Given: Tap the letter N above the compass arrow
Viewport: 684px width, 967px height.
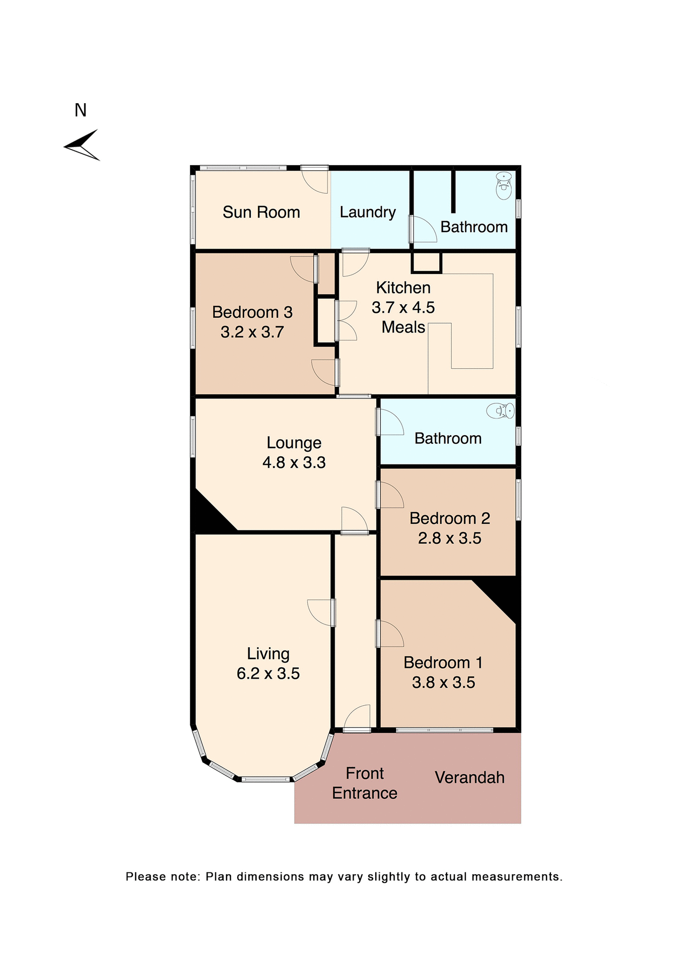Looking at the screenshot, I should pos(81,110).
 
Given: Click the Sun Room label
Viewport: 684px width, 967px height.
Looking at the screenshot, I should pos(261,212).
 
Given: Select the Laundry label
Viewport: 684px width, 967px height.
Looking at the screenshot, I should pos(367,212).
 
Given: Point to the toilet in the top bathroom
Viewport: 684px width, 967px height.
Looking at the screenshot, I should pos(503,185).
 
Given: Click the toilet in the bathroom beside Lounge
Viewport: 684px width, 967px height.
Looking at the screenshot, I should pos(500,410).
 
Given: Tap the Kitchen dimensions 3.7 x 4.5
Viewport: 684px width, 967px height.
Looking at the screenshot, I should pos(403,307).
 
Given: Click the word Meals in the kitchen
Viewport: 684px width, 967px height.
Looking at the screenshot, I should pos(403,327).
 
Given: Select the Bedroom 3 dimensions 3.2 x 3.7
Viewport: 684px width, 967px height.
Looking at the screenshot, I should pos(252,332).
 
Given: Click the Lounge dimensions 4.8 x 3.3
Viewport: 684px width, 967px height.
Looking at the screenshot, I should pos(294,462).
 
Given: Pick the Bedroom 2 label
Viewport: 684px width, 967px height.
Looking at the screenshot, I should pos(449,518).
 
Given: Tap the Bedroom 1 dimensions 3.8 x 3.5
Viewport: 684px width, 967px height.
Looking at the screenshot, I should pos(443,682).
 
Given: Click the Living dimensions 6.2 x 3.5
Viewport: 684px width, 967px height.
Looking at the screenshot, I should pos(268,673).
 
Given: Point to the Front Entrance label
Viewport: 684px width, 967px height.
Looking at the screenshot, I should pos(365,783).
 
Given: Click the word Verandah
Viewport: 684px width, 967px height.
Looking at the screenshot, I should pos(469,778).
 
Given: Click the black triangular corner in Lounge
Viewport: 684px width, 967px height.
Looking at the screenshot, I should pos(208,517).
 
